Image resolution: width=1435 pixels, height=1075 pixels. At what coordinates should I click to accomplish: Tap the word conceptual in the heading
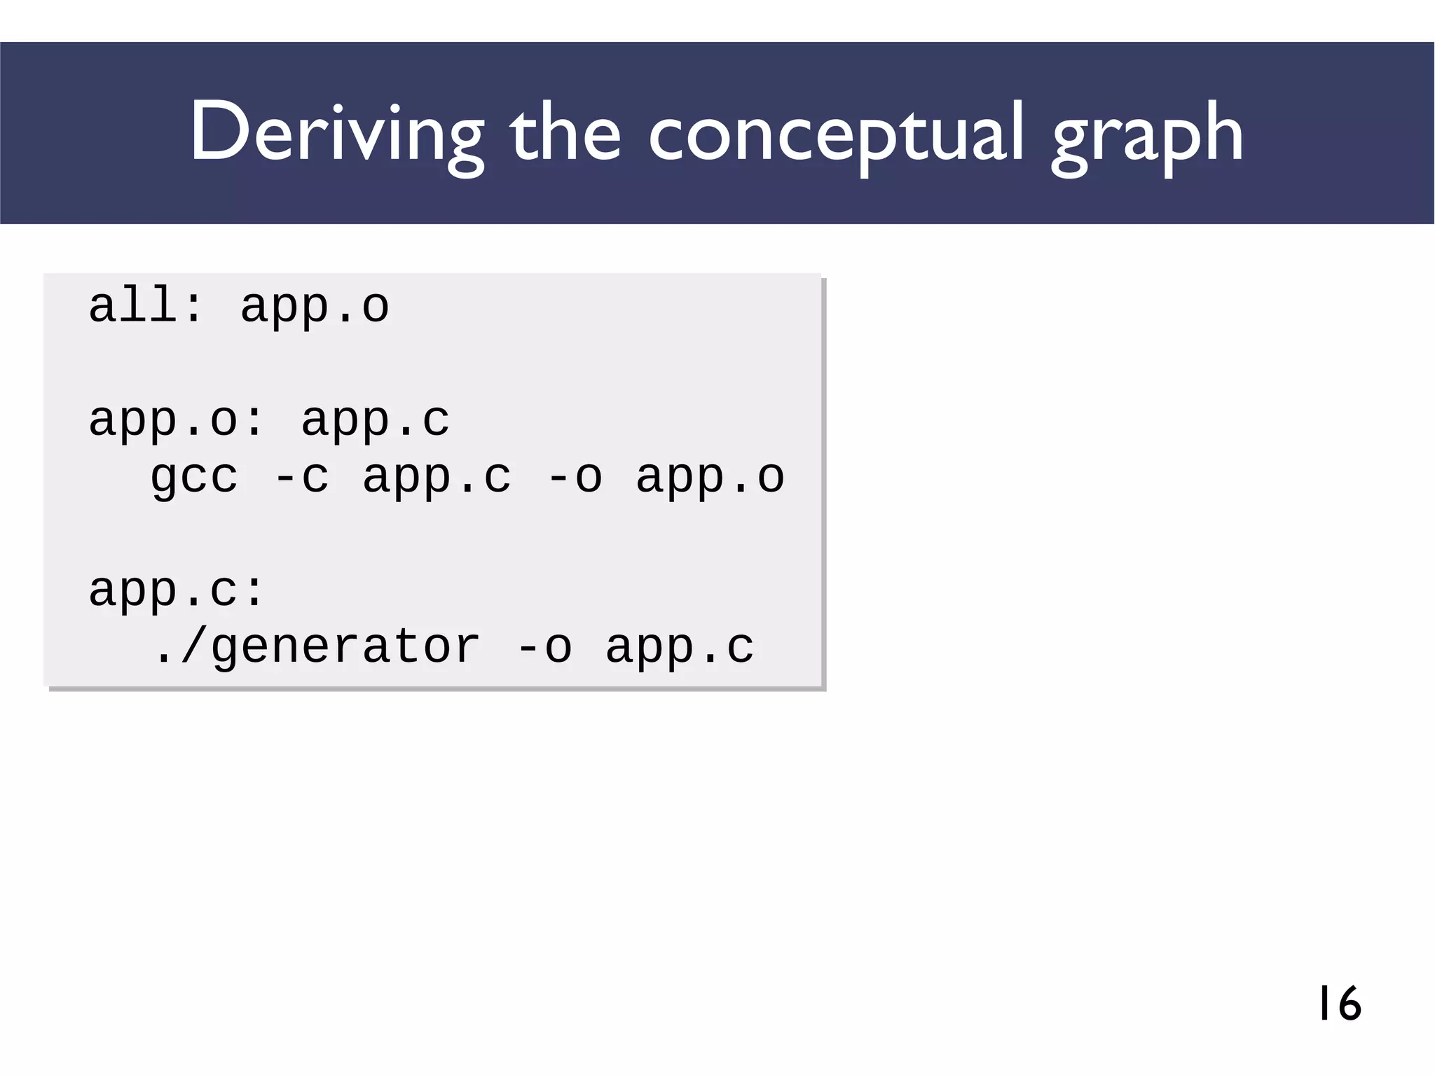tap(837, 133)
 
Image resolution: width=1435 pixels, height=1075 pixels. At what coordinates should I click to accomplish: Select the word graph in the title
tap(1147, 133)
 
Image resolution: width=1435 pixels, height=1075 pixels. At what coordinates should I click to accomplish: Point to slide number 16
tap(1339, 1003)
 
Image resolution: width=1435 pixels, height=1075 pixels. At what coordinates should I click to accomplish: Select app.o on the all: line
tap(315, 306)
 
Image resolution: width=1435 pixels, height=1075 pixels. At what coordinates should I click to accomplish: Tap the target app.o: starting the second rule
tap(176, 420)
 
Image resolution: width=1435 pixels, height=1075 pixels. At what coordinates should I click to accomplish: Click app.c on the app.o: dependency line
tap(375, 420)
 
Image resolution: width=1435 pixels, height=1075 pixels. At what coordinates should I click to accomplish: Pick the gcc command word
tap(194, 478)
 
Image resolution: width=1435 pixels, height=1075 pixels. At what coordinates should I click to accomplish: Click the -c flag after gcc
tap(301, 478)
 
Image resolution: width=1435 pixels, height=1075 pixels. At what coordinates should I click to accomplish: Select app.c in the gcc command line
tap(437, 478)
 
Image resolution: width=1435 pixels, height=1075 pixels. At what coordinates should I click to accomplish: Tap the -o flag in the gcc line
tap(575, 478)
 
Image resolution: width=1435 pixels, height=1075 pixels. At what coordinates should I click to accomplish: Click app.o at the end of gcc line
tap(710, 478)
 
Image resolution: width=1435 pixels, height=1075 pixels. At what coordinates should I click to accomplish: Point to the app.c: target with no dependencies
tap(176, 590)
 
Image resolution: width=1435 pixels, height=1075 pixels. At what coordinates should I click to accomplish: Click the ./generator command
tap(316, 647)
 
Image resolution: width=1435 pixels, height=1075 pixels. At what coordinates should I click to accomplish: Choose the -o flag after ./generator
tap(544, 647)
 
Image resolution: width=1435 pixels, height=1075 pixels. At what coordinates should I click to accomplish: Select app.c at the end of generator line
tap(680, 647)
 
